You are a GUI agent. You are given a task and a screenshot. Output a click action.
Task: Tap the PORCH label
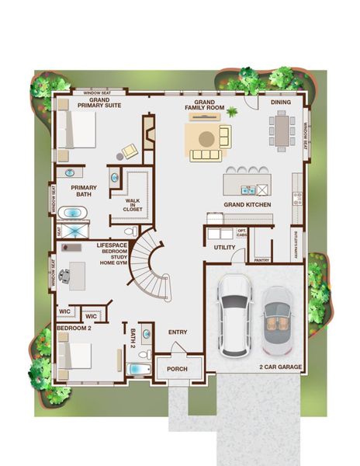178,368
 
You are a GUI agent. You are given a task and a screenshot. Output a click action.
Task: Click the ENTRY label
178,332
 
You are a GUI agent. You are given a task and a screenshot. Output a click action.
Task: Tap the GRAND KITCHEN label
247,204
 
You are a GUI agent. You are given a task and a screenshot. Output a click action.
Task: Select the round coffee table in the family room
206,138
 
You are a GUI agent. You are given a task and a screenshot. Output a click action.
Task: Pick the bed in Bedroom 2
76,356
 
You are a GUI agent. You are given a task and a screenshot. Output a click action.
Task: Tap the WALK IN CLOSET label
133,205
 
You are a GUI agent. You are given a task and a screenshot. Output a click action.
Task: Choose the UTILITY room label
224,247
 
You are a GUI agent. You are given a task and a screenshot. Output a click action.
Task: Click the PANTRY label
261,260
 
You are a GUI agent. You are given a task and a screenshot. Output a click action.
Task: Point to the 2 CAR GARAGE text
280,367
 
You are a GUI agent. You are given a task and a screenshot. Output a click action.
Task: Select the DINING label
281,102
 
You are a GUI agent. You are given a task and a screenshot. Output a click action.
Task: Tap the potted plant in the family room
230,113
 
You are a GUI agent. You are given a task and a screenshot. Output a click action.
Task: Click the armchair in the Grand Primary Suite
130,151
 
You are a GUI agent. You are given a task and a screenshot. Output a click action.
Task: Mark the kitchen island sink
247,189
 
